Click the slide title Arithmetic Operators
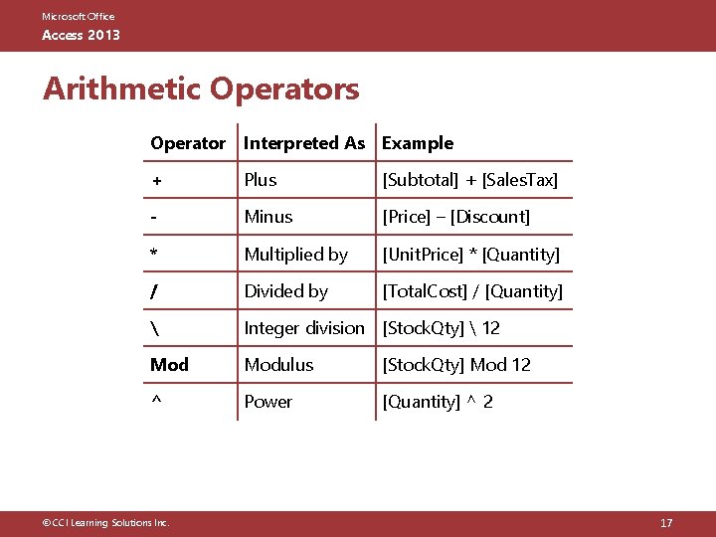(x=201, y=89)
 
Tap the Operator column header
(x=188, y=143)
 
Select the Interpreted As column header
(x=304, y=143)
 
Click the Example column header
(x=418, y=143)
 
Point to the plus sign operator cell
(x=156, y=181)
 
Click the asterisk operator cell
(x=154, y=255)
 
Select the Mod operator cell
(x=169, y=365)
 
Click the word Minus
(x=268, y=217)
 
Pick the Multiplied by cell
(x=296, y=255)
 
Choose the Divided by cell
(x=286, y=291)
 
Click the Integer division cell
(x=304, y=328)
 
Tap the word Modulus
(x=278, y=365)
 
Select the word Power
(x=268, y=402)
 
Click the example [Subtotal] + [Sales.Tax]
(x=470, y=180)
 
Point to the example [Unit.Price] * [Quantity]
(x=471, y=255)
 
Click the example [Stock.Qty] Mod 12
(x=456, y=365)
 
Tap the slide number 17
(x=666, y=523)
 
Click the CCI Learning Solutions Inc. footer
(x=99, y=523)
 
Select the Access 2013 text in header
(x=81, y=35)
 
